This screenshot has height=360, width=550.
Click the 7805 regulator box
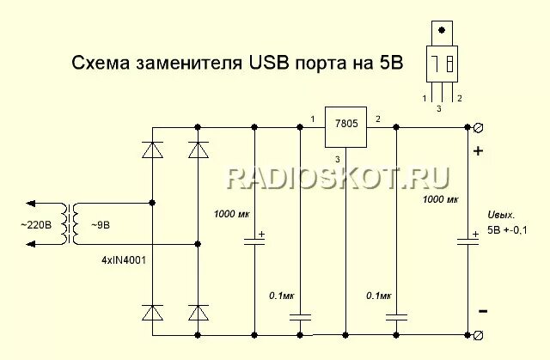click(x=345, y=132)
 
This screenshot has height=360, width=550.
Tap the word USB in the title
click(x=272, y=63)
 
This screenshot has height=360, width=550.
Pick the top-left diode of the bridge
click(x=153, y=149)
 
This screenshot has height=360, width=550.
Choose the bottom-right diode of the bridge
click(x=199, y=314)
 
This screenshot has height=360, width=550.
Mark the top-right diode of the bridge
click(x=199, y=149)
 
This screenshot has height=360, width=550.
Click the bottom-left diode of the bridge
click(x=153, y=314)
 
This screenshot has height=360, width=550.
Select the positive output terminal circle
click(x=478, y=127)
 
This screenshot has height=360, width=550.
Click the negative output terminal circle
click(x=478, y=333)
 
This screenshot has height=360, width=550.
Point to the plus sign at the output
click(x=479, y=152)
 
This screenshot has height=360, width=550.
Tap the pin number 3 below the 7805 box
click(x=339, y=161)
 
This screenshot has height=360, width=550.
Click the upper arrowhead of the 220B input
click(x=30, y=204)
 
